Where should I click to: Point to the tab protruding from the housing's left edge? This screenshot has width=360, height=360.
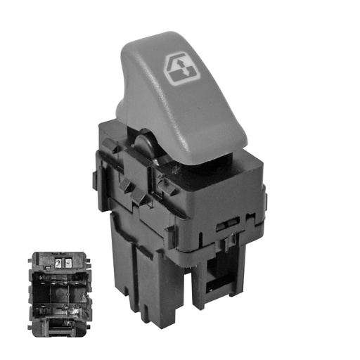click(x=106, y=146)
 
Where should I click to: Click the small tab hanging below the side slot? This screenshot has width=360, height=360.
click(x=230, y=243)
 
